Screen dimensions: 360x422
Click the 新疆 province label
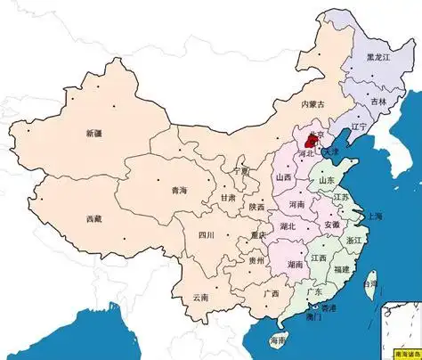click(93, 133)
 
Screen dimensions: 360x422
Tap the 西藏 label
click(93, 218)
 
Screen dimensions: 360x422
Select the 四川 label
click(207, 235)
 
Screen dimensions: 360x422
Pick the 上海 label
click(374, 216)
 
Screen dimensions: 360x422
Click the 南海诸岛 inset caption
click(399, 354)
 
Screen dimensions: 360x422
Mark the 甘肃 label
click(228, 199)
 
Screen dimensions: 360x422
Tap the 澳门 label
click(312, 316)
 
